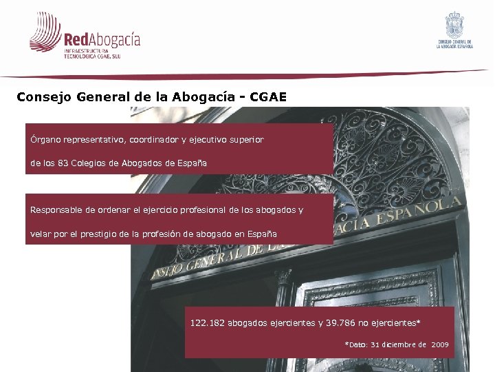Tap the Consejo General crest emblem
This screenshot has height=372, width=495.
click(455, 25)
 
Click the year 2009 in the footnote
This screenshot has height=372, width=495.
click(440, 344)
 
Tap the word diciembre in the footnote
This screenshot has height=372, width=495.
click(407, 344)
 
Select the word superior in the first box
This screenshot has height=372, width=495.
click(247, 140)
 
